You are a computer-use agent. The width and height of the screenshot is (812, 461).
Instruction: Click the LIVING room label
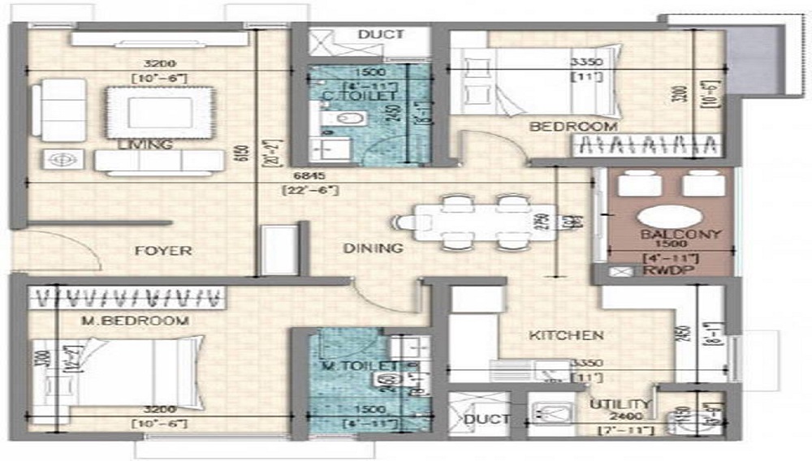coord(145,144)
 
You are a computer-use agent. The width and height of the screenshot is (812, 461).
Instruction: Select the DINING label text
coord(373,248)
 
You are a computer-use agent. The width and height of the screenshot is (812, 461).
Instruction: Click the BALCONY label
coord(669,235)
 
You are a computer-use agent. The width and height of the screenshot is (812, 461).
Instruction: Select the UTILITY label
coord(620,404)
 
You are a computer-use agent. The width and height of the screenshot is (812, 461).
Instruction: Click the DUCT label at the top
coord(381,34)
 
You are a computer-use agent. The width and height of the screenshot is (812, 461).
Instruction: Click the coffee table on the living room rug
coord(160,110)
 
